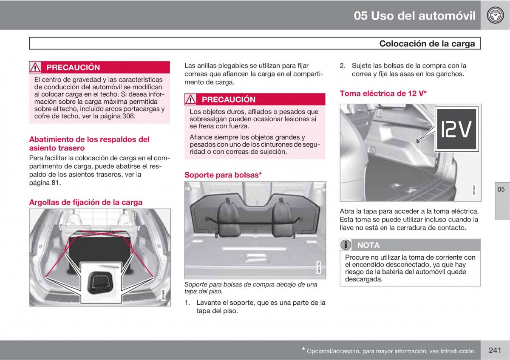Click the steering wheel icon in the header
pos(495,15)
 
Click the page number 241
pos(495,350)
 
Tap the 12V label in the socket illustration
pos(456,129)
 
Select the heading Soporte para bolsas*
pos(223,175)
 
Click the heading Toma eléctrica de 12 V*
pos(383,94)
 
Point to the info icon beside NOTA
pos(346,245)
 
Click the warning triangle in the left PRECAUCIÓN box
pos(35,68)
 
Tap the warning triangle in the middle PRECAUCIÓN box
pos(190,99)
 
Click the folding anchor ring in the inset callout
pos(101,283)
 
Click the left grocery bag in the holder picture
pos(228,218)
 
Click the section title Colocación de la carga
pos(427,43)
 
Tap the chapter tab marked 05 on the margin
pos(501,189)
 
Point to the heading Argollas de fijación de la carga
pos(85,202)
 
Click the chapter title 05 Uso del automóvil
pos(415,16)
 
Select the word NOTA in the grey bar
pos(368,245)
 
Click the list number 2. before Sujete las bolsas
pos(343,66)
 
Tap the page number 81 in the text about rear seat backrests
pos(55,183)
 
